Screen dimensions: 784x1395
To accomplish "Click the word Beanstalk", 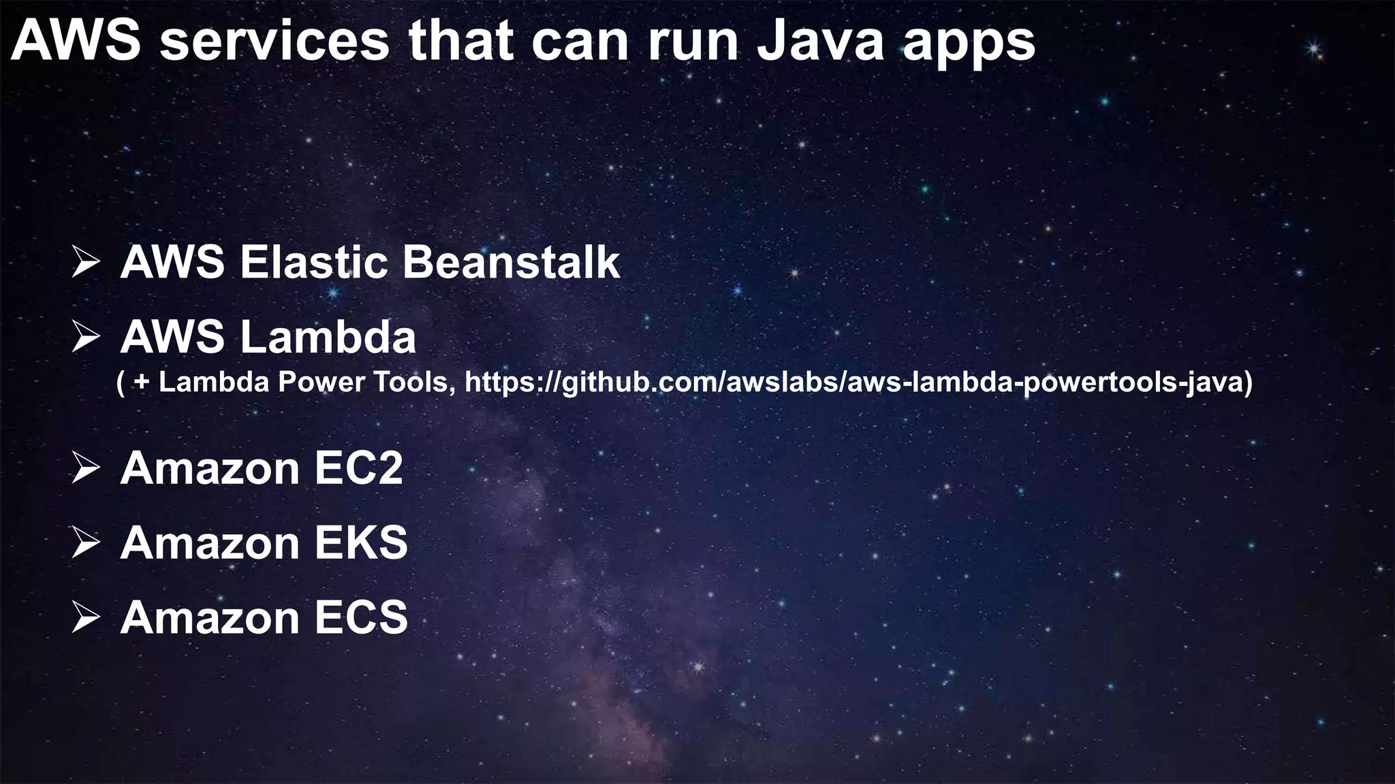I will [511, 262].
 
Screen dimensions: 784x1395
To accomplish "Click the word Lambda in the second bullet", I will [328, 337].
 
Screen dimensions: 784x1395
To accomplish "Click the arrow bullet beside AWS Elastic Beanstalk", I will [86, 263].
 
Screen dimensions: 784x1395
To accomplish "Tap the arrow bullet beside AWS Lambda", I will [86, 338].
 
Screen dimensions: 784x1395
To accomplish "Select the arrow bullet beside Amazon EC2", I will [86, 469].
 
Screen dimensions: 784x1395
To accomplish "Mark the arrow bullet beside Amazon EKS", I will [86, 544].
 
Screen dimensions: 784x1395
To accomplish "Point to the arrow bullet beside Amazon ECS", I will [86, 619].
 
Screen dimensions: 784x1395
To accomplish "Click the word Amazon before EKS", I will [209, 543].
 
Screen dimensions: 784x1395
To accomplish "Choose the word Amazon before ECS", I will [209, 618].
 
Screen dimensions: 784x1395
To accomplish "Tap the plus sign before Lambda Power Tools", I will [142, 383].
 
